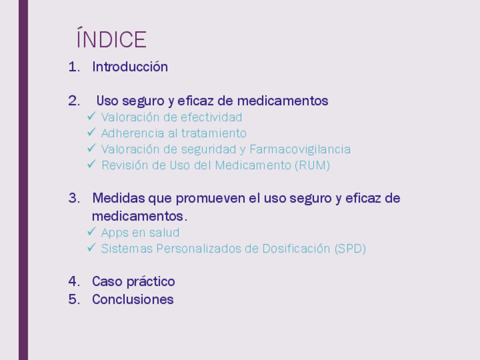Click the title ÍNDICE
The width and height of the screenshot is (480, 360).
point(112,37)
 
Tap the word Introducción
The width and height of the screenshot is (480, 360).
point(130,67)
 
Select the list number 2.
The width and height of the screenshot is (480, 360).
point(74,101)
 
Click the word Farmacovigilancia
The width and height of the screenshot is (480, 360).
point(300,149)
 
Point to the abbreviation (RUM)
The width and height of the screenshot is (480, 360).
point(312,165)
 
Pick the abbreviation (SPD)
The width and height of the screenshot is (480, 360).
point(350,248)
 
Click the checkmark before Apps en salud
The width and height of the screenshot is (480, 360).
point(92,231)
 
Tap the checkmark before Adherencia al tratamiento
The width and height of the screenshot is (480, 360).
point(92,132)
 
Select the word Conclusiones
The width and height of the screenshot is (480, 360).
point(133,299)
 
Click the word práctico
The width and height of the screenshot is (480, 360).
point(151,282)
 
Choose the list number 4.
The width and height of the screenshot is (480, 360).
point(74,281)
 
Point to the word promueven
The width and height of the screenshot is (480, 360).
point(211,198)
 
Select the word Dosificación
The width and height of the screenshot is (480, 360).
point(297,248)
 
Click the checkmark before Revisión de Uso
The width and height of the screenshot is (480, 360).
point(92,164)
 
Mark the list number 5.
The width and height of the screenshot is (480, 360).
point(74,299)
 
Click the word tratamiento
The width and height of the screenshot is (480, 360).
point(214,134)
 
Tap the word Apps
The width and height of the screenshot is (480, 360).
point(114,233)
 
